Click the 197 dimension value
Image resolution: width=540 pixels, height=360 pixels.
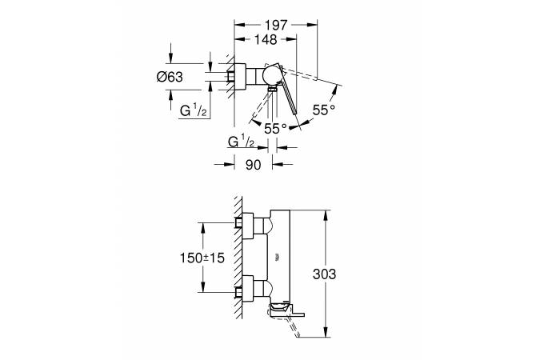[x=276, y=25]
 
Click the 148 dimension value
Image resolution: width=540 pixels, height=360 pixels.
[x=266, y=40]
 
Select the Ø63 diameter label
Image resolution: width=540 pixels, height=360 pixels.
[x=170, y=77]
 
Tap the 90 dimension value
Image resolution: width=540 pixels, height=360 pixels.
[x=253, y=165]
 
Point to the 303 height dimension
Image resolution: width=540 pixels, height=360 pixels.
[x=324, y=274]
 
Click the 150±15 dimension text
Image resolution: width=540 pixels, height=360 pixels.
[x=202, y=258]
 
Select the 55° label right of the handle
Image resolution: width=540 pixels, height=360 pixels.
[x=324, y=110]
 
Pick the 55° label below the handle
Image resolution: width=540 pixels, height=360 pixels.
[x=275, y=129]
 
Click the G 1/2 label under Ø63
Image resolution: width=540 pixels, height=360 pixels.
[x=194, y=111]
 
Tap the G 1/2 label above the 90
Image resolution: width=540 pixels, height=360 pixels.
[x=241, y=142]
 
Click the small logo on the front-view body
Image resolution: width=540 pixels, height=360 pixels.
[x=278, y=256]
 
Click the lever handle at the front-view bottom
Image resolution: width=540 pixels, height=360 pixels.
[x=286, y=308]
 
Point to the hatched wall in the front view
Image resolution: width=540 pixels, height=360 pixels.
[x=238, y=258]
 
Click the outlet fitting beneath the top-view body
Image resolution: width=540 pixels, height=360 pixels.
[x=273, y=89]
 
